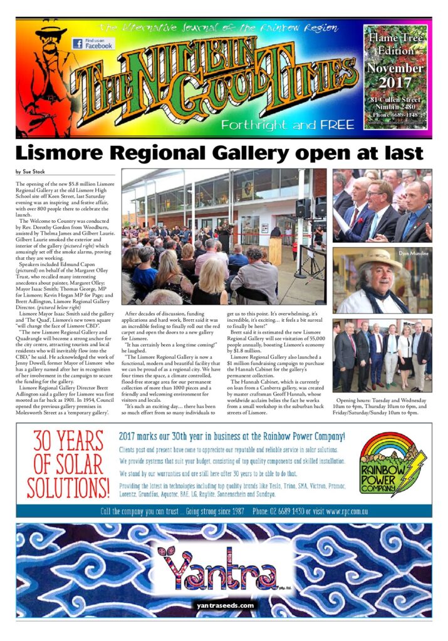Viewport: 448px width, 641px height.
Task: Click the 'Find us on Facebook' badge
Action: tap(91, 43)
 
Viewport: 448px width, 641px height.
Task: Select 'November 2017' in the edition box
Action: tap(395, 74)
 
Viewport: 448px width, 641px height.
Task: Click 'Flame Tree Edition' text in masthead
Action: tap(395, 46)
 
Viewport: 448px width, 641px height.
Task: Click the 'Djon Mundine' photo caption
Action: tap(414, 253)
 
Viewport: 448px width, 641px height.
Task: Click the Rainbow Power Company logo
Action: tap(385, 463)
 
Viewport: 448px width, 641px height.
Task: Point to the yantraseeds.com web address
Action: tap(224, 605)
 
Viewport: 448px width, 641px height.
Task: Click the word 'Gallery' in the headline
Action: tap(247, 153)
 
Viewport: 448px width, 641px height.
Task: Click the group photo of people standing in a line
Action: tap(382, 356)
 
